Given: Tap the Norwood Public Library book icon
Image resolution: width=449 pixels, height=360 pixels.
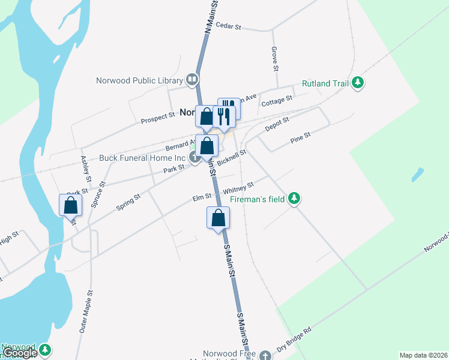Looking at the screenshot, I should click(192, 79).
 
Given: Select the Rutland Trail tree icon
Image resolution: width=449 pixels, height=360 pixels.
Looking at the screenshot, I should click(358, 83).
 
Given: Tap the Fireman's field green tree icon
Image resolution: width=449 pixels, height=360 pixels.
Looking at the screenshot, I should click(294, 198).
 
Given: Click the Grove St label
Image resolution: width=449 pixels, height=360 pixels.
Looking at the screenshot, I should click(274, 59).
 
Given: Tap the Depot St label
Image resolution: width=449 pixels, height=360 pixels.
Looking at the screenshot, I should click(277, 124).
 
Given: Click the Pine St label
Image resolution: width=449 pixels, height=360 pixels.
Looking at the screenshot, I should click(300, 137).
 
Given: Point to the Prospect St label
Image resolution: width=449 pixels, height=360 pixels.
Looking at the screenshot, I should click(157, 118).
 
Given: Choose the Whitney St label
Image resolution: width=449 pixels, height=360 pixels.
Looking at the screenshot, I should click(239, 188).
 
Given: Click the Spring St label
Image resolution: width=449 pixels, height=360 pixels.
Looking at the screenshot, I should click(128, 202).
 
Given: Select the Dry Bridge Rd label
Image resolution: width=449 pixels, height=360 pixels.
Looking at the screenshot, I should click(294, 339).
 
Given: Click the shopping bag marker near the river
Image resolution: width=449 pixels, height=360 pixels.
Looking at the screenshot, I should click(71, 205).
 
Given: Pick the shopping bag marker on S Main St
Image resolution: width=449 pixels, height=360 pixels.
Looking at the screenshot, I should click(218, 218).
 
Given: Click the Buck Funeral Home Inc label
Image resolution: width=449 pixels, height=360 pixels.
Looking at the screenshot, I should click(143, 158).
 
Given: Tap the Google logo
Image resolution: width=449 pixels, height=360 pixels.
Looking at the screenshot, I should click(20, 353).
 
